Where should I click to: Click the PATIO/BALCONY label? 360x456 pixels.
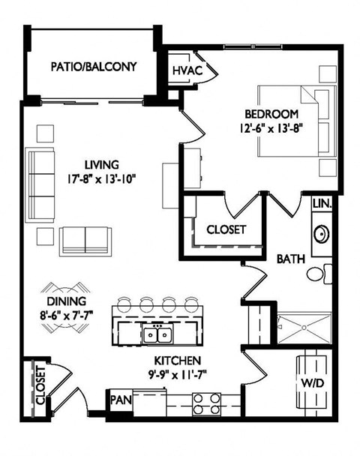pos(94,67)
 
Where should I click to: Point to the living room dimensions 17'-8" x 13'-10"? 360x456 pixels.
pos(101,178)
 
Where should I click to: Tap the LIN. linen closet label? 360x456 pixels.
pos(322,203)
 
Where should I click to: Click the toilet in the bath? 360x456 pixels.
pos(319,274)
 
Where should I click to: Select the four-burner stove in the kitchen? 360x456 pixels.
pos(207,404)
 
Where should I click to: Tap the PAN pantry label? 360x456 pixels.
pos(122,400)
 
